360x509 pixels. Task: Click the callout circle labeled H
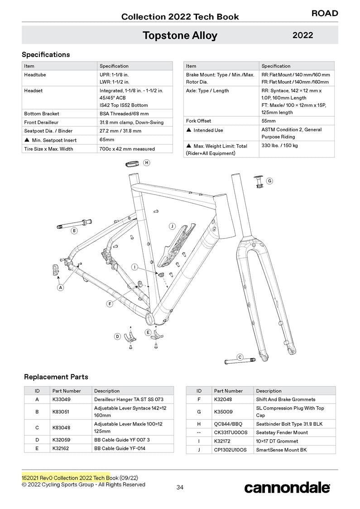point(146,162)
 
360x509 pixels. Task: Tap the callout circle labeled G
point(269,181)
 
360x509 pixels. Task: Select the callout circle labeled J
point(172,226)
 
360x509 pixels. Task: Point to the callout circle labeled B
point(74,231)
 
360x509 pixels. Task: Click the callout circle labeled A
point(60,287)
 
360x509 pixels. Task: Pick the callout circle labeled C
point(240,357)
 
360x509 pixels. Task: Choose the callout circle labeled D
point(117,336)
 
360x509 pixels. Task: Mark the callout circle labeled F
point(110,304)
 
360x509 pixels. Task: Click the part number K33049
point(61,400)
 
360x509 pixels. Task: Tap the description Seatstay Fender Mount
point(282,433)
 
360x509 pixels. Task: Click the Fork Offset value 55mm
point(269,121)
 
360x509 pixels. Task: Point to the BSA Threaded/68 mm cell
point(124,114)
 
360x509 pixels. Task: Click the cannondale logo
point(287,487)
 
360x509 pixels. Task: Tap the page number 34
point(180,487)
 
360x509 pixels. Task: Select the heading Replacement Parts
point(56,377)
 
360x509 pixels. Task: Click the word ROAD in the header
point(324,14)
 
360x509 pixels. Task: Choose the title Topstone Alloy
point(180,35)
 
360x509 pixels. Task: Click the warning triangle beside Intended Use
point(188,130)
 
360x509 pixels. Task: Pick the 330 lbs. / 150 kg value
point(280,146)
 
